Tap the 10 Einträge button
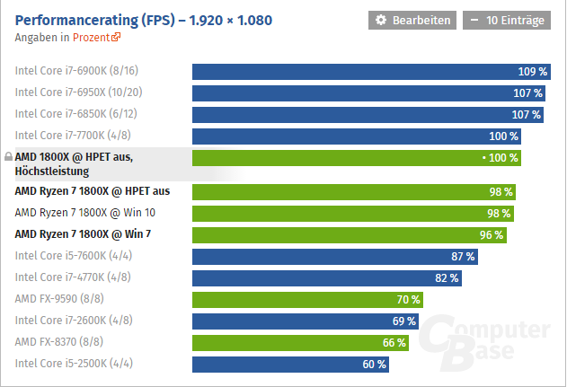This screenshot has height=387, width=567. pos(506,20)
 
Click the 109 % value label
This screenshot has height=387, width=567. pos(533,72)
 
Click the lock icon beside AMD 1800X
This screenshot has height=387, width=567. pos(8,155)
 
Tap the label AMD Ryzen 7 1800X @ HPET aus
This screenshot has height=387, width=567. pos(93,191)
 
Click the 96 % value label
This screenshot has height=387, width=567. pos(492,234)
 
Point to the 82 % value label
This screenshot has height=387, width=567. pos(447,277)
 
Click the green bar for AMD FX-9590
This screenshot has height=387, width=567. pos(306,299)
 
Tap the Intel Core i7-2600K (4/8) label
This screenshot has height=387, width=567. pos(72,321)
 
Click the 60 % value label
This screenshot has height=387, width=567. pos(374,364)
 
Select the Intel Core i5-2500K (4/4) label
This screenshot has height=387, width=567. pos(72,364)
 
